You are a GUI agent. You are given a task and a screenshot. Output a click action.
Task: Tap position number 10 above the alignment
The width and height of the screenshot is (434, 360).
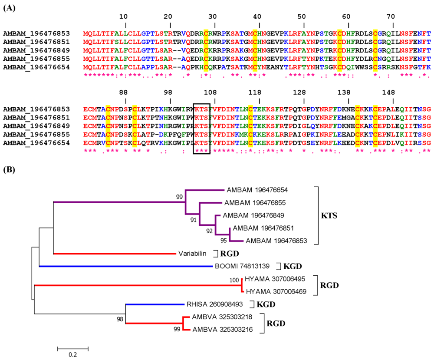125,17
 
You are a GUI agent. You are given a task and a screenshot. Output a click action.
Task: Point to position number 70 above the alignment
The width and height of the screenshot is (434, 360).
393,17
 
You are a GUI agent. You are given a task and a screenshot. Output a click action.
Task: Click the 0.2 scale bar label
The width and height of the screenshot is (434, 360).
72,354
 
